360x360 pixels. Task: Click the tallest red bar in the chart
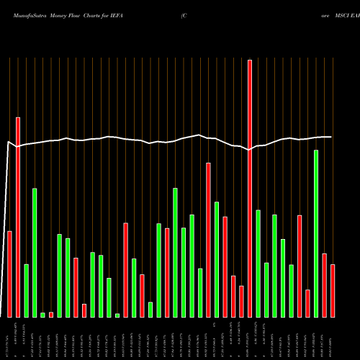click(x=250, y=188)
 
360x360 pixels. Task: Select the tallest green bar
click(x=316, y=233)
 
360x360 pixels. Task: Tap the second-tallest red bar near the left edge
click(x=18, y=217)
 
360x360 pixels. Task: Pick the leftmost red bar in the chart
click(x=9, y=274)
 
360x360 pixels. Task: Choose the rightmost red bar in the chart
click(x=333, y=291)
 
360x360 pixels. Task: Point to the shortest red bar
click(x=51, y=315)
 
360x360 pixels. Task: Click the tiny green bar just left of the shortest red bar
click(x=42, y=315)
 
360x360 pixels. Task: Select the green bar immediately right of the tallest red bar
click(x=258, y=263)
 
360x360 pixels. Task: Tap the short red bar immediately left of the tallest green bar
click(x=307, y=303)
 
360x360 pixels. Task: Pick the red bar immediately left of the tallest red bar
click(x=241, y=301)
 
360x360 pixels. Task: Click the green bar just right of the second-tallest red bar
click(x=26, y=290)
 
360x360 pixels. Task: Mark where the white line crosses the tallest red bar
click(x=250, y=149)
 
